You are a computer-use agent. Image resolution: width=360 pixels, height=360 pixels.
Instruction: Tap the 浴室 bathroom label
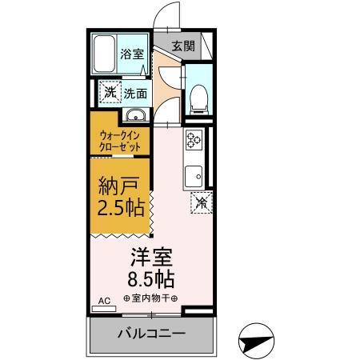tap(131, 54)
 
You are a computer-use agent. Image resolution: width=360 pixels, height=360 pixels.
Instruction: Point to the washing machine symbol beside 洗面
tap(108, 92)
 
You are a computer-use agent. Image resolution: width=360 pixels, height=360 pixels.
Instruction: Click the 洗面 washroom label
tap(134, 93)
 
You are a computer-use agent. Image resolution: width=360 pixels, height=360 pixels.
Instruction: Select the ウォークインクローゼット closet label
tap(120, 142)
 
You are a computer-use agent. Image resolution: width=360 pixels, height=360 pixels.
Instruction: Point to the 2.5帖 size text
tap(121, 210)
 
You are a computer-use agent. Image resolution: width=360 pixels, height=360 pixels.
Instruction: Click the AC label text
tap(103, 302)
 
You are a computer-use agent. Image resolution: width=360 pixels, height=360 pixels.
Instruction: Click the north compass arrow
tap(256, 340)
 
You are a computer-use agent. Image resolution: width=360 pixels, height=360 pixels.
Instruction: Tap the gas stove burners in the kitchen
tap(194, 142)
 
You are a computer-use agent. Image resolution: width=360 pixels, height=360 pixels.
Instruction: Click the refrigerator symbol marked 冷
tap(202, 203)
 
